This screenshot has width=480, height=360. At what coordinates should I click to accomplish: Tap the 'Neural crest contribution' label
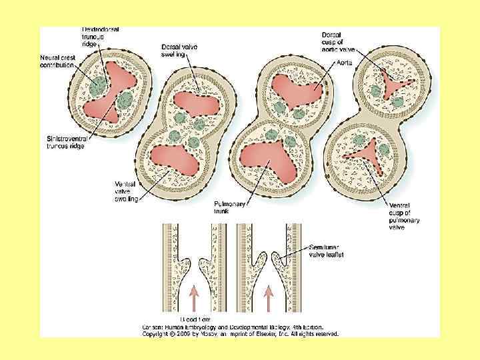[57, 61]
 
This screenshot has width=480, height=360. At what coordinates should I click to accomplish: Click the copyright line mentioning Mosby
[241, 333]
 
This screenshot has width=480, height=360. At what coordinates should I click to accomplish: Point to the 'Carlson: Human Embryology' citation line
[233, 327]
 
